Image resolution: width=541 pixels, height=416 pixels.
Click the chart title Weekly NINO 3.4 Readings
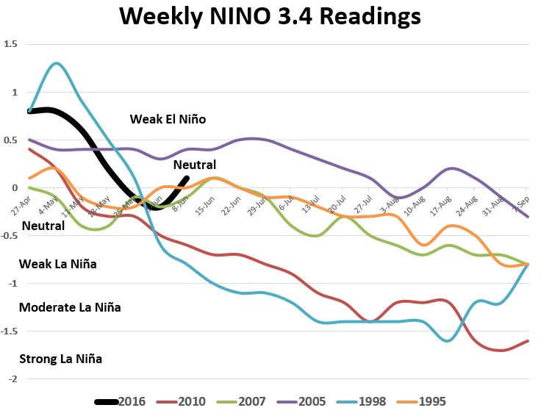click(x=270, y=17)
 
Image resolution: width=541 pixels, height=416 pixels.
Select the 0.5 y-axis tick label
click(x=10, y=140)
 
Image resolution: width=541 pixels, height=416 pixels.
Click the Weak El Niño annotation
click(x=168, y=119)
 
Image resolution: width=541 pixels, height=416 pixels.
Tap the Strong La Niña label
click(x=61, y=359)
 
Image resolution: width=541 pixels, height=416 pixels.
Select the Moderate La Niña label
click(x=70, y=307)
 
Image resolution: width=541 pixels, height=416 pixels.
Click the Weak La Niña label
click(x=57, y=263)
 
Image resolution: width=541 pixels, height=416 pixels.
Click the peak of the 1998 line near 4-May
click(x=57, y=63)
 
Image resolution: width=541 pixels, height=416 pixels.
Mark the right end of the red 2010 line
click(x=529, y=340)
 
